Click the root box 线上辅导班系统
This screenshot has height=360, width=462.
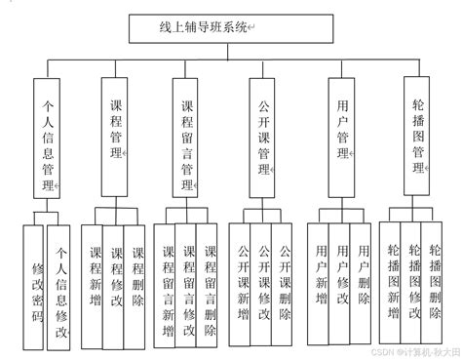tap(204, 28)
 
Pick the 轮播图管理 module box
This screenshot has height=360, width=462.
tap(418, 134)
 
